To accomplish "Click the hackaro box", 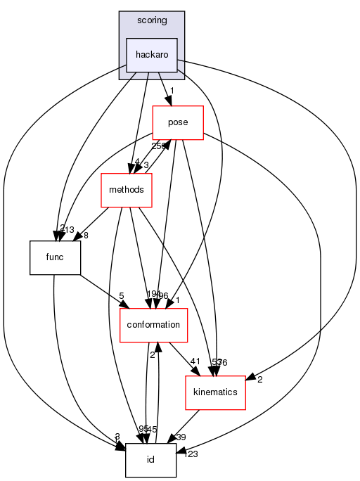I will coord(151,55).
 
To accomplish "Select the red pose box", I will coord(178,122).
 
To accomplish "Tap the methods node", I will coord(127,190).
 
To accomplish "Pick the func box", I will coord(54,257).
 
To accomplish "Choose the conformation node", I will coord(153,325).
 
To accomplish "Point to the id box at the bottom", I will coord(150,460).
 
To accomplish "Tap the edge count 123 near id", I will coord(191,455).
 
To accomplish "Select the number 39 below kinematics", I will coord(181,437).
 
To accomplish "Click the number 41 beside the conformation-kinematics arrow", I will coord(195,361).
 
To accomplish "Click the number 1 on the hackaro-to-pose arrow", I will coord(171,91).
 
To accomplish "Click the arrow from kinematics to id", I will coord(185,426).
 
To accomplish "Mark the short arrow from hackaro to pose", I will coord(165,89).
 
